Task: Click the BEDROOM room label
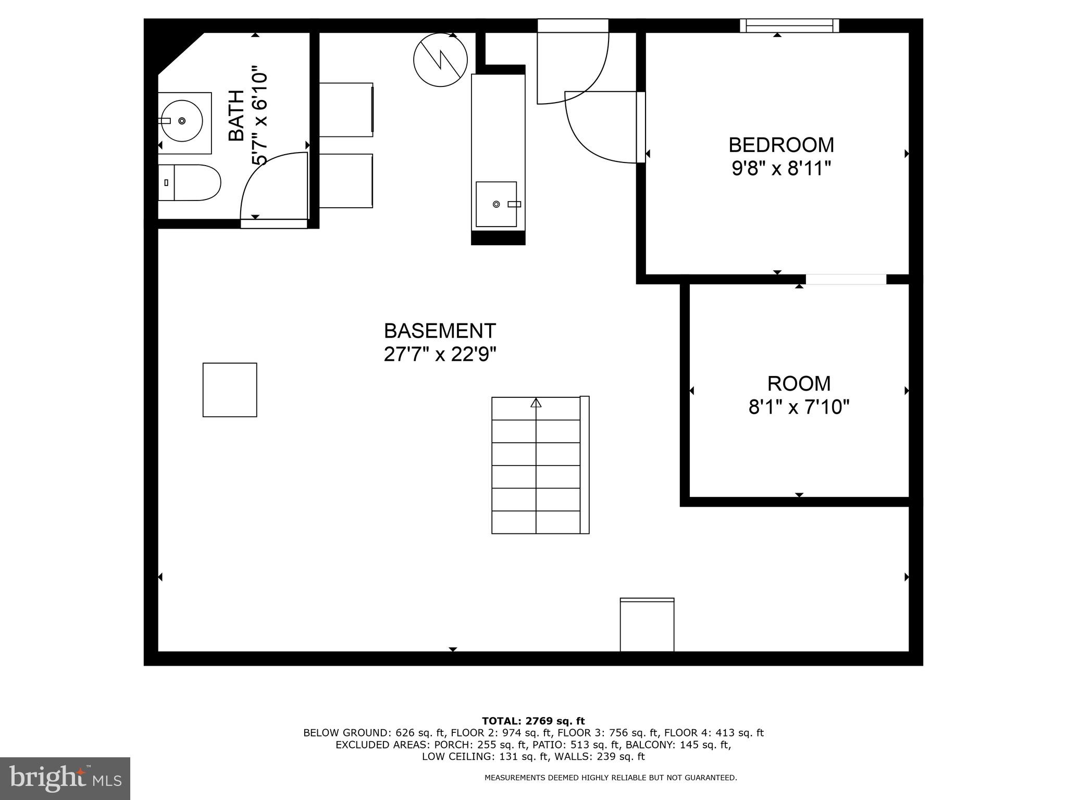click(x=780, y=144)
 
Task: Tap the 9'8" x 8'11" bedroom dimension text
click(x=780, y=169)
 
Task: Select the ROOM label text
click(x=799, y=384)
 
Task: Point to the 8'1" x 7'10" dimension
click(x=799, y=407)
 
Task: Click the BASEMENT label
click(x=440, y=331)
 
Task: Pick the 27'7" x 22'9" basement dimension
click(x=440, y=355)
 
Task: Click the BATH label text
click(x=237, y=116)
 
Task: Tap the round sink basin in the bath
click(x=181, y=121)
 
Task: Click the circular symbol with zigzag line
click(x=440, y=59)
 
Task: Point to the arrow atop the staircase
click(x=536, y=403)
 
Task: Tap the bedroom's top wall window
click(x=789, y=26)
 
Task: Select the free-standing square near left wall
click(x=230, y=390)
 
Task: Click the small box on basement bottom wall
click(x=647, y=624)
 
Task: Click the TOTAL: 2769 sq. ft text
click(x=533, y=721)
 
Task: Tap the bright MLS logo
click(x=65, y=778)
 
